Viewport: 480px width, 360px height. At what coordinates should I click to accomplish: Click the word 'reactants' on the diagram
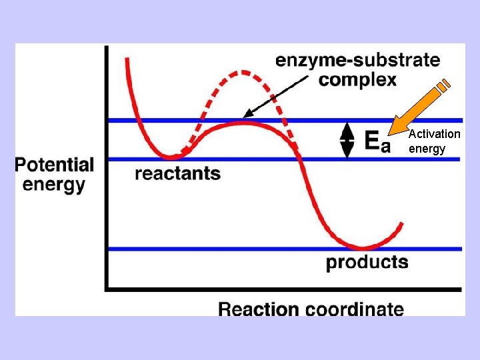tap(177, 174)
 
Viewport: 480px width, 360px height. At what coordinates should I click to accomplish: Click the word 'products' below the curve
tap(367, 261)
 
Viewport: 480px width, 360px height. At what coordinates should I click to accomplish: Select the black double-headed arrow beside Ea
tap(347, 141)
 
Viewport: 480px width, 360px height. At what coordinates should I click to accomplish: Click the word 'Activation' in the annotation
tap(435, 134)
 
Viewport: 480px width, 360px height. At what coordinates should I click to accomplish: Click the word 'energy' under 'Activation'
tap(427, 149)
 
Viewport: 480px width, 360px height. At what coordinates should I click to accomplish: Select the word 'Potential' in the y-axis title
tap(55, 165)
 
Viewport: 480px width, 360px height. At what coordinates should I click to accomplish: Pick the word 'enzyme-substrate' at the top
tap(358, 60)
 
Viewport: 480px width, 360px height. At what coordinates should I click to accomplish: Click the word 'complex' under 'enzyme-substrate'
tap(358, 80)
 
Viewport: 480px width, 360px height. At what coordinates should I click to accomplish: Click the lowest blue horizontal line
tap(200, 249)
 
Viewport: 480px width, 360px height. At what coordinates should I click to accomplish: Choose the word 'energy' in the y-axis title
tap(54, 184)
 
